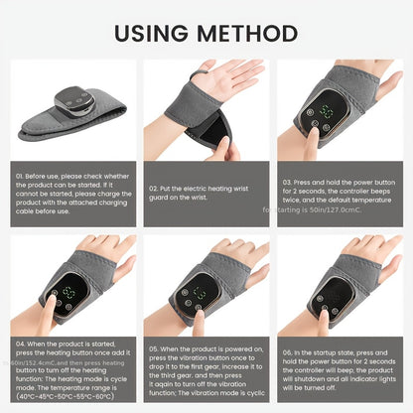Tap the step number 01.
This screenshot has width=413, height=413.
[19, 177]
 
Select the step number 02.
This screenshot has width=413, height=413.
[153, 186]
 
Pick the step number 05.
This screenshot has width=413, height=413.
[153, 349]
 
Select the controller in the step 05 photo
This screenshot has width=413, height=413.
[201, 294]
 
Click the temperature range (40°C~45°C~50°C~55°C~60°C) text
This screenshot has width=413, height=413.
[66, 397]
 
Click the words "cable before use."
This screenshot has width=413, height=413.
[46, 210]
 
